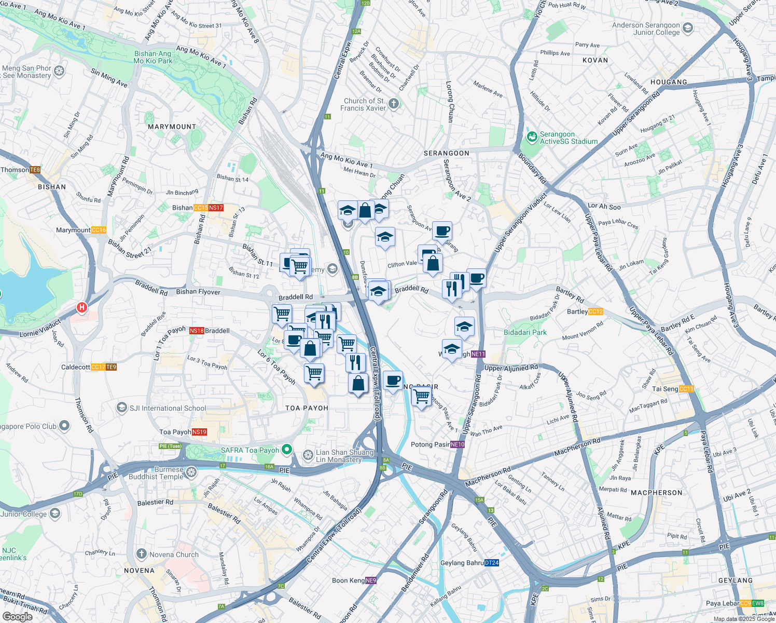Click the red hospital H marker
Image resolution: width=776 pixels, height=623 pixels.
(x=81, y=308)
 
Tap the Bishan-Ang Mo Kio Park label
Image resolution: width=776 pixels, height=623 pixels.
(x=153, y=57)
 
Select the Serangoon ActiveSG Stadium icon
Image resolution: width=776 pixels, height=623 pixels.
(x=532, y=138)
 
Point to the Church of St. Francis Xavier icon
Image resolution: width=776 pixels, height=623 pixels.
(x=394, y=104)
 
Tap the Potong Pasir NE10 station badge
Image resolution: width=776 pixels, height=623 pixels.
(x=458, y=444)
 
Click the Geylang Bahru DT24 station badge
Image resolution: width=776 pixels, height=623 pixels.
(x=491, y=563)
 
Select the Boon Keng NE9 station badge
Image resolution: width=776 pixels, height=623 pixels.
(x=370, y=580)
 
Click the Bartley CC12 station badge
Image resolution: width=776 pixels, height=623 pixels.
(x=595, y=311)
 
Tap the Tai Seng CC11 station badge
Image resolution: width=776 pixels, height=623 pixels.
(x=686, y=389)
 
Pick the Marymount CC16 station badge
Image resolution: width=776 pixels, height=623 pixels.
(x=98, y=230)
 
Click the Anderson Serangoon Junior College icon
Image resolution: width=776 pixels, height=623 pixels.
(x=688, y=28)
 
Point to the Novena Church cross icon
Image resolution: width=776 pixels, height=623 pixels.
(x=141, y=554)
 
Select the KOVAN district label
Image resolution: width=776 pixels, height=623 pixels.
(x=595, y=60)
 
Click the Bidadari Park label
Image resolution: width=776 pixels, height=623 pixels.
(x=525, y=332)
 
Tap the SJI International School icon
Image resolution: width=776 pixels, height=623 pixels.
(x=121, y=408)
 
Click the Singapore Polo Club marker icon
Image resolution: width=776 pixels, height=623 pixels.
(x=64, y=426)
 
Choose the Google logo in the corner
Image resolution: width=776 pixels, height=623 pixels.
(x=17, y=617)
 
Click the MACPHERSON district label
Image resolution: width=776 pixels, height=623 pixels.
(x=656, y=493)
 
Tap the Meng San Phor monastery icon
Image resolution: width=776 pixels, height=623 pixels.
(x=59, y=71)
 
